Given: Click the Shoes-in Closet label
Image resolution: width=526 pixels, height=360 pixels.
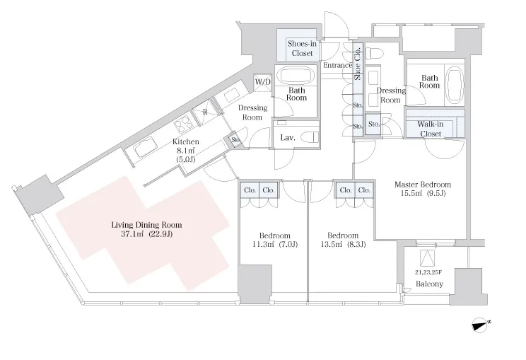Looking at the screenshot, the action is click(x=302, y=48).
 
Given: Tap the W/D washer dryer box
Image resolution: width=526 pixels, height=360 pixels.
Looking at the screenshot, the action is click(x=263, y=83).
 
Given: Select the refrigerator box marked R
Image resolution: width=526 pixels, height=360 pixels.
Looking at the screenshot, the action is click(x=205, y=112).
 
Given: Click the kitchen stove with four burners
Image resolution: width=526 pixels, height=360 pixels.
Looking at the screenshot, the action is click(x=184, y=124).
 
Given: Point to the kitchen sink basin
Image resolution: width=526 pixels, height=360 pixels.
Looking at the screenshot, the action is click(x=145, y=148).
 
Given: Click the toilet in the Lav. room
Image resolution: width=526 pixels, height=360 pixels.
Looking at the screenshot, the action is click(x=309, y=137).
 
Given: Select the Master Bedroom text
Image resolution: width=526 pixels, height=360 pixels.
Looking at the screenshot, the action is click(x=423, y=184).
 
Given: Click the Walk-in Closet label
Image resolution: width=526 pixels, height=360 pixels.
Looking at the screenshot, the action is click(x=431, y=129).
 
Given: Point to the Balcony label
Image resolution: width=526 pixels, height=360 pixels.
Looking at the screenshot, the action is click(x=429, y=284).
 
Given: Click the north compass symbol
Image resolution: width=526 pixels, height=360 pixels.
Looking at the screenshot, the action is click(x=480, y=325).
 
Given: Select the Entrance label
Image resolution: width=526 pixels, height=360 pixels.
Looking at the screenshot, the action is click(x=337, y=65).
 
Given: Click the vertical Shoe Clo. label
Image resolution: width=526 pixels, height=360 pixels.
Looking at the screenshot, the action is click(x=358, y=62).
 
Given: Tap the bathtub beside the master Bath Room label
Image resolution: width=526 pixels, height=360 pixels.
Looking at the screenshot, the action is click(x=455, y=84).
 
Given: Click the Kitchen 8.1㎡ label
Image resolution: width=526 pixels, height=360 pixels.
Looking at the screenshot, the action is click(x=185, y=151).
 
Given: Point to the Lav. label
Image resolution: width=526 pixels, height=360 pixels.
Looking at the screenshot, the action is click(x=288, y=137).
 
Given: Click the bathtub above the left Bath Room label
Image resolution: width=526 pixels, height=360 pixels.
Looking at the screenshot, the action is click(x=296, y=76).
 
